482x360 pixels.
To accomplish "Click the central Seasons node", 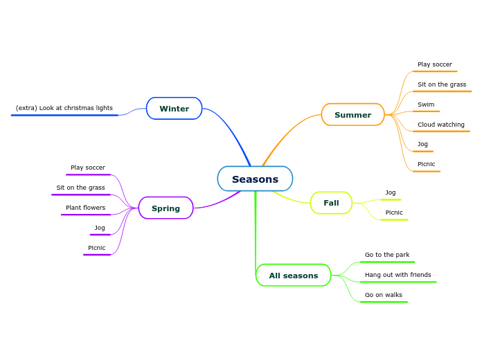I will click(x=255, y=179).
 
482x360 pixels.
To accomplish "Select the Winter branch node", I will click(x=174, y=109).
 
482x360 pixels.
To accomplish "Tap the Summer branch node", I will click(x=352, y=115).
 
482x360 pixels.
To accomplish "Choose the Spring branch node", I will click(x=166, y=208).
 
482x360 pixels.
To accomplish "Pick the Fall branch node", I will click(x=331, y=203).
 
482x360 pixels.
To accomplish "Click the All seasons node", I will click(x=294, y=276).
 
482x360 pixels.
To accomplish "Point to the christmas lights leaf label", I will click(x=64, y=108).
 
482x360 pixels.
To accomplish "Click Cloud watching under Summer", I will click(x=441, y=125).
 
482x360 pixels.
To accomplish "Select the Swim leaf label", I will click(x=426, y=105).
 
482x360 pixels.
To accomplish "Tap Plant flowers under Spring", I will click(x=86, y=208).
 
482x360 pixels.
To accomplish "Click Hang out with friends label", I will click(x=398, y=275).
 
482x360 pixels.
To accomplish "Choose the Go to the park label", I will click(x=387, y=255).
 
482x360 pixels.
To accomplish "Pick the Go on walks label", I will click(x=384, y=295).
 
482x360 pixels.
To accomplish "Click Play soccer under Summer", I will click(x=435, y=64).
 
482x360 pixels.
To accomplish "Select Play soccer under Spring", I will click(x=88, y=168).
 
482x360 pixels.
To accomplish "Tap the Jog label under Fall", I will click(x=391, y=192).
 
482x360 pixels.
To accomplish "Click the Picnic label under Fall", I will click(x=394, y=213).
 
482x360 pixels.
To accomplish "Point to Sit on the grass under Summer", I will click(x=442, y=84).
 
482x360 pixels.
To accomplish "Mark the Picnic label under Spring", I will click(x=97, y=248).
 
